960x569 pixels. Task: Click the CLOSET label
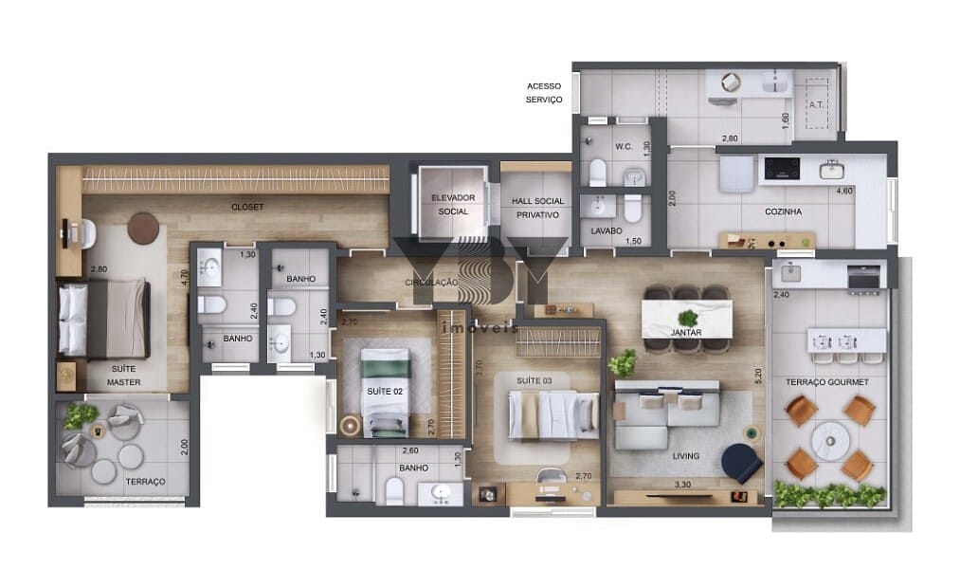click(247, 207)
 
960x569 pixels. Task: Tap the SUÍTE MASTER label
click(124, 376)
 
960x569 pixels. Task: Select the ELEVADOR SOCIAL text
click(453, 205)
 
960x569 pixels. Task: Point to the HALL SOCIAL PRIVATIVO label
click(537, 208)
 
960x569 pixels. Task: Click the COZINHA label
click(783, 211)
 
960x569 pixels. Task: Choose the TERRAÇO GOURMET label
click(827, 382)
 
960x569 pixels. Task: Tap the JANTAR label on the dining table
click(686, 333)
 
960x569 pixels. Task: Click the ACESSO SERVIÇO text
click(544, 93)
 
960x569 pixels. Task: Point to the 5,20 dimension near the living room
click(758, 376)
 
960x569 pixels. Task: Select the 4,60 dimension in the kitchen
click(844, 191)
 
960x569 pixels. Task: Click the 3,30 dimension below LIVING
click(682, 484)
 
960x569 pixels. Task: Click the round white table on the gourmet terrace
click(830, 441)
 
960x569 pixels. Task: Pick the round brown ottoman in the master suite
click(143, 229)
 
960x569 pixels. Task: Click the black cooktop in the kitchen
click(782, 169)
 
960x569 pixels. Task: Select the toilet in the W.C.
click(597, 172)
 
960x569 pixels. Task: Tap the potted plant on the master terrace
click(80, 416)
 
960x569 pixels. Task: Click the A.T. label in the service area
click(816, 104)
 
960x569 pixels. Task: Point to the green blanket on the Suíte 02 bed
click(385, 368)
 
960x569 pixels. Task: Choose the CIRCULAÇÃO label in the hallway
click(431, 283)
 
